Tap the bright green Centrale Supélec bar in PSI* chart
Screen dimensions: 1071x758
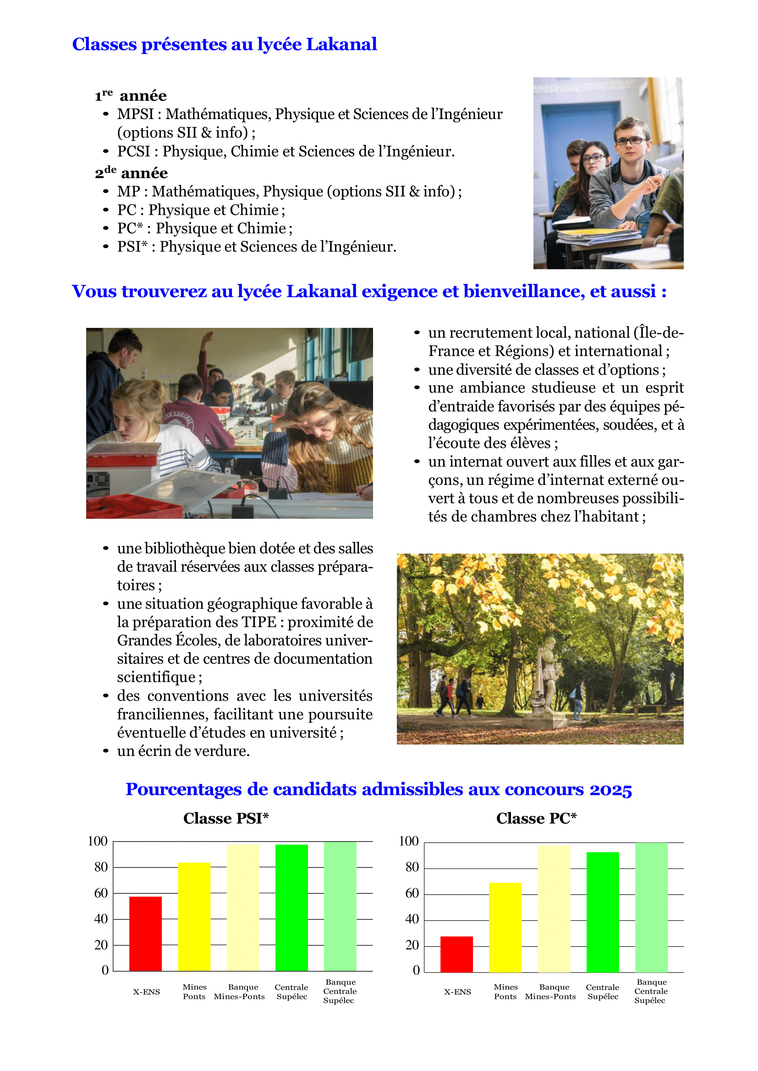[x=291, y=907]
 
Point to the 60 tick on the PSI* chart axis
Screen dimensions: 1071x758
[x=101, y=893]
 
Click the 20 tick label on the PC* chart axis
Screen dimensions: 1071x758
[x=412, y=945]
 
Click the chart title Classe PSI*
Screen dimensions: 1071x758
[x=226, y=818]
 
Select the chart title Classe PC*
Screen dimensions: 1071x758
[x=536, y=818]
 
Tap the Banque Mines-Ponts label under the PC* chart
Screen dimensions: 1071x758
[x=550, y=992]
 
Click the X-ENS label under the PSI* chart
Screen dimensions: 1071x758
[x=146, y=992]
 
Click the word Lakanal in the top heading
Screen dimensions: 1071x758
[x=341, y=44]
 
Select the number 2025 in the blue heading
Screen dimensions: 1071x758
[x=610, y=790]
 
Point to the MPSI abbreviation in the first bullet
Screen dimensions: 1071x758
[x=135, y=114]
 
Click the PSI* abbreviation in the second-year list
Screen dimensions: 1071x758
[x=132, y=246]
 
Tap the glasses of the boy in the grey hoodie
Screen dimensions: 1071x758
[x=632, y=141]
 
